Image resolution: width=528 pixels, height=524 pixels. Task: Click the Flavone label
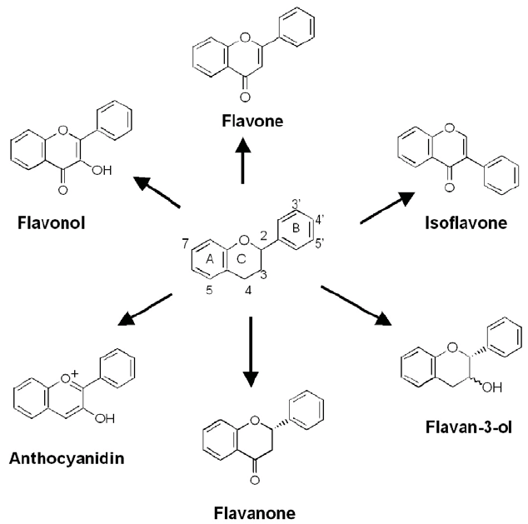tap(252, 121)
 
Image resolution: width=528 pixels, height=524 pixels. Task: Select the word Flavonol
tap(51, 223)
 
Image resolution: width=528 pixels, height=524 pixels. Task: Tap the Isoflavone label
tap(466, 223)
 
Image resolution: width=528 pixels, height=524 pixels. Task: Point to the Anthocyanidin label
tap(67, 458)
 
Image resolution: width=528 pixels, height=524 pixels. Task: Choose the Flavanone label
tap(255, 513)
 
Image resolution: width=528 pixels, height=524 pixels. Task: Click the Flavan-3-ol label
tap(469, 427)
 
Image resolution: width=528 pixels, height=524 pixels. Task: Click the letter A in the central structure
tap(210, 259)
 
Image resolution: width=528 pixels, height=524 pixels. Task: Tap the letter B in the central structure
tap(296, 228)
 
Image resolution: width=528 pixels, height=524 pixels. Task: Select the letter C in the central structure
tap(242, 259)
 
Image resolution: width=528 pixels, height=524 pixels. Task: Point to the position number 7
tap(186, 243)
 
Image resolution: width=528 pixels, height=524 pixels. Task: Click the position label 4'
tap(320, 220)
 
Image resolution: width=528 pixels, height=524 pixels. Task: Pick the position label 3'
tap(296, 204)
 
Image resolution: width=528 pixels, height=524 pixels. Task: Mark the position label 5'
tap(320, 243)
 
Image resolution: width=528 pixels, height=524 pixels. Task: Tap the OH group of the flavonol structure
tap(102, 171)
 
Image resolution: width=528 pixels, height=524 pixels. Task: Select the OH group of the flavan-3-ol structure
tap(492, 387)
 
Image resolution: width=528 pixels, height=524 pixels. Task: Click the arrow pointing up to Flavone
tap(242, 161)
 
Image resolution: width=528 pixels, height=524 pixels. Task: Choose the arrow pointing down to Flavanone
tap(251, 352)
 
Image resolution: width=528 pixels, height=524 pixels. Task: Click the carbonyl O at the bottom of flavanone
tap(255, 480)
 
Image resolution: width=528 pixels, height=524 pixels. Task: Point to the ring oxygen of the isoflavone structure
tap(449, 128)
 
